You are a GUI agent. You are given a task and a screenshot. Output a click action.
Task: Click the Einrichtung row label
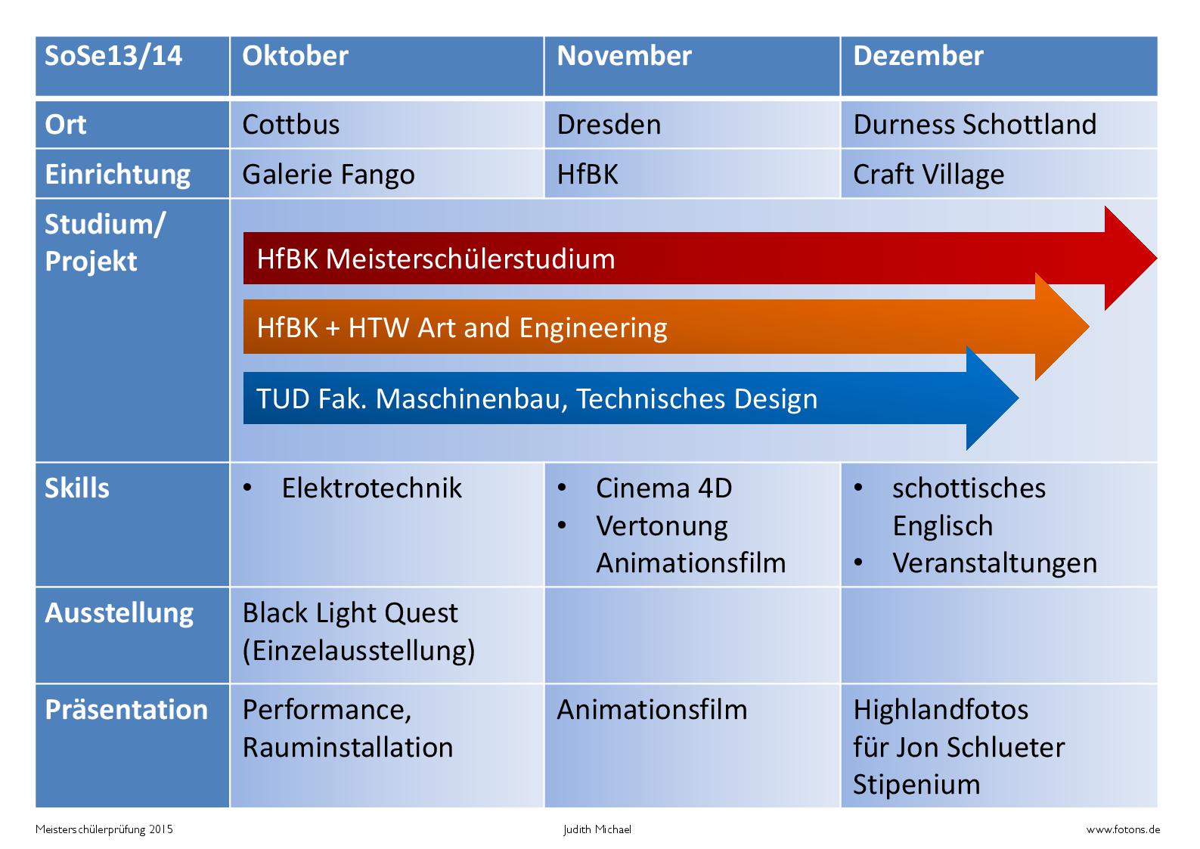pyautogui.click(x=118, y=175)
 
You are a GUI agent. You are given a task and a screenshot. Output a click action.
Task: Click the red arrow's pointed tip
pyautogui.click(x=1155, y=259)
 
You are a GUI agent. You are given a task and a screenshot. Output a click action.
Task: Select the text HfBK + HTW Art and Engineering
pyautogui.click(x=462, y=328)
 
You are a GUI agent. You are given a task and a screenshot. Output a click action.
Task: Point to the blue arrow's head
pyautogui.click(x=992, y=398)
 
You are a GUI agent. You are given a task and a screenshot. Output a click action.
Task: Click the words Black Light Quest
pyautogui.click(x=350, y=613)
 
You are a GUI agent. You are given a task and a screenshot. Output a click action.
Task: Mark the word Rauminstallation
pyautogui.click(x=348, y=747)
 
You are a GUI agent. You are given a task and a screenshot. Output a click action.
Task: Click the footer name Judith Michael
pyautogui.click(x=597, y=829)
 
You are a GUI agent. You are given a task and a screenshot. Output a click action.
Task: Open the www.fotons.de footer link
pyautogui.click(x=1123, y=829)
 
